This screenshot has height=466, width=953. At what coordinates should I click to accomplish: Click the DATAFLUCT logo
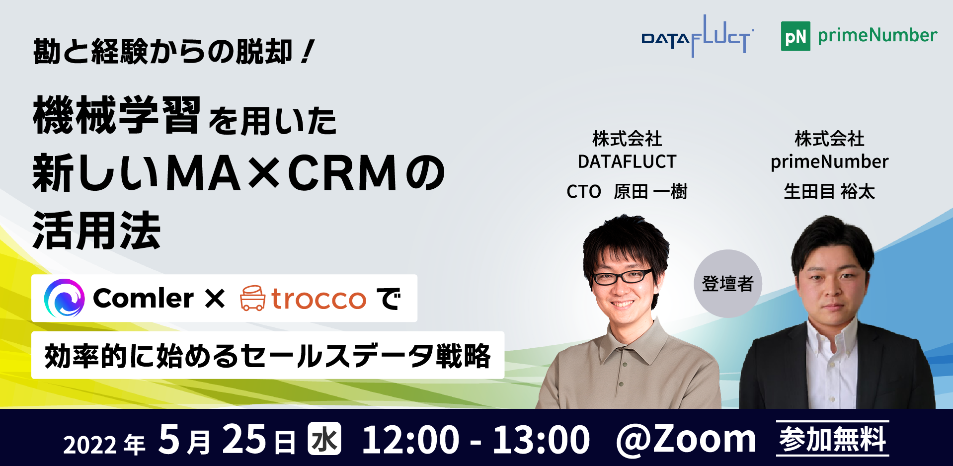tap(697, 36)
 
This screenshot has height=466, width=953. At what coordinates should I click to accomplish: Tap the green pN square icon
tap(795, 36)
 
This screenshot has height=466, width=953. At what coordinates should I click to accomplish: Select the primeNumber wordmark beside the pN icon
tap(877, 36)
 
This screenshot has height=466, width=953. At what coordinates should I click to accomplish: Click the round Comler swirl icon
tap(64, 298)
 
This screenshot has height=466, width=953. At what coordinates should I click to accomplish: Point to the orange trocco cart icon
tap(252, 298)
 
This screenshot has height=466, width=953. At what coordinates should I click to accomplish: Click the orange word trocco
tap(318, 299)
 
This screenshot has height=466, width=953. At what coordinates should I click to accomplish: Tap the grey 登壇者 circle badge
tap(728, 284)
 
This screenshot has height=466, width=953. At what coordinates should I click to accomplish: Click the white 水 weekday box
tap(324, 439)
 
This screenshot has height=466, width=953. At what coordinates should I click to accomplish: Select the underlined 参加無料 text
tap(833, 439)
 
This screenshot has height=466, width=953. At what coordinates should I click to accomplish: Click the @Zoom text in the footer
tap(686, 439)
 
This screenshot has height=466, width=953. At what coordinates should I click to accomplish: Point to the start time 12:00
tap(410, 440)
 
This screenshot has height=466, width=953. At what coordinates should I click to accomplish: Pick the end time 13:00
tap(541, 440)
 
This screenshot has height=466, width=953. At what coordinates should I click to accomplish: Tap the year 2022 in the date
tap(90, 445)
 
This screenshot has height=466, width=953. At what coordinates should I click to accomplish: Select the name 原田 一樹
tap(650, 191)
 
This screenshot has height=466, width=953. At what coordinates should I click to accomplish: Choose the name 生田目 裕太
tap(829, 191)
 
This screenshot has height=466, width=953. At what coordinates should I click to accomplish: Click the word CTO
tap(584, 192)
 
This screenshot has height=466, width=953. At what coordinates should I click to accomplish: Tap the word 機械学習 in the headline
tap(117, 115)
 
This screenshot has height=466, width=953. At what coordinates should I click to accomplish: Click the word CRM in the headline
tap(343, 173)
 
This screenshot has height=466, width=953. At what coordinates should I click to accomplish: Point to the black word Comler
tap(143, 299)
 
